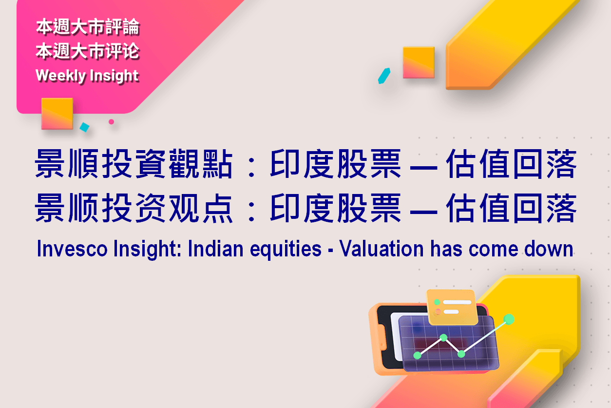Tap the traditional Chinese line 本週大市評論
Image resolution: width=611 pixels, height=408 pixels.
coord(88,27)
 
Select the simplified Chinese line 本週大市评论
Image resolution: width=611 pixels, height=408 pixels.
coord(88,51)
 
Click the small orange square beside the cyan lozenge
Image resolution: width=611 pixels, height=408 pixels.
coord(419,62)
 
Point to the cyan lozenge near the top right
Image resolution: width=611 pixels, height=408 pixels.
coord(384,76)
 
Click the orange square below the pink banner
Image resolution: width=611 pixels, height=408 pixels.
coord(57,114)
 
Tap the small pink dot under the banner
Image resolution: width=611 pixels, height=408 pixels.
coord(111,122)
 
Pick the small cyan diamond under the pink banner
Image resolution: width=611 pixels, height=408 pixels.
coord(85,127)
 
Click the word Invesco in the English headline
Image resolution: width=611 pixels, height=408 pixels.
coord(72,249)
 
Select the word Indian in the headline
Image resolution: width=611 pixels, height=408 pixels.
coord(215,249)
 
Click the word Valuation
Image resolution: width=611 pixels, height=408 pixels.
coord(382,249)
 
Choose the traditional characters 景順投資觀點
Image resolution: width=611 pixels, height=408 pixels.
coord(134,164)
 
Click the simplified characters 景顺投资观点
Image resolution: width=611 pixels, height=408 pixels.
coord(134,208)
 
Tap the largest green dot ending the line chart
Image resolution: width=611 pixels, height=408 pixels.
coord(509,319)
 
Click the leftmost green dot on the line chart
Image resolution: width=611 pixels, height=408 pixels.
coord(418,355)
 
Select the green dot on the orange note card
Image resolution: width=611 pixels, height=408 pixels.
coord(437,302)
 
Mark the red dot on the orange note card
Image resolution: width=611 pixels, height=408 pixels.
coord(438,311)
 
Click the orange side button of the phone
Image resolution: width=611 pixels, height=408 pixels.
coord(383,337)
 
